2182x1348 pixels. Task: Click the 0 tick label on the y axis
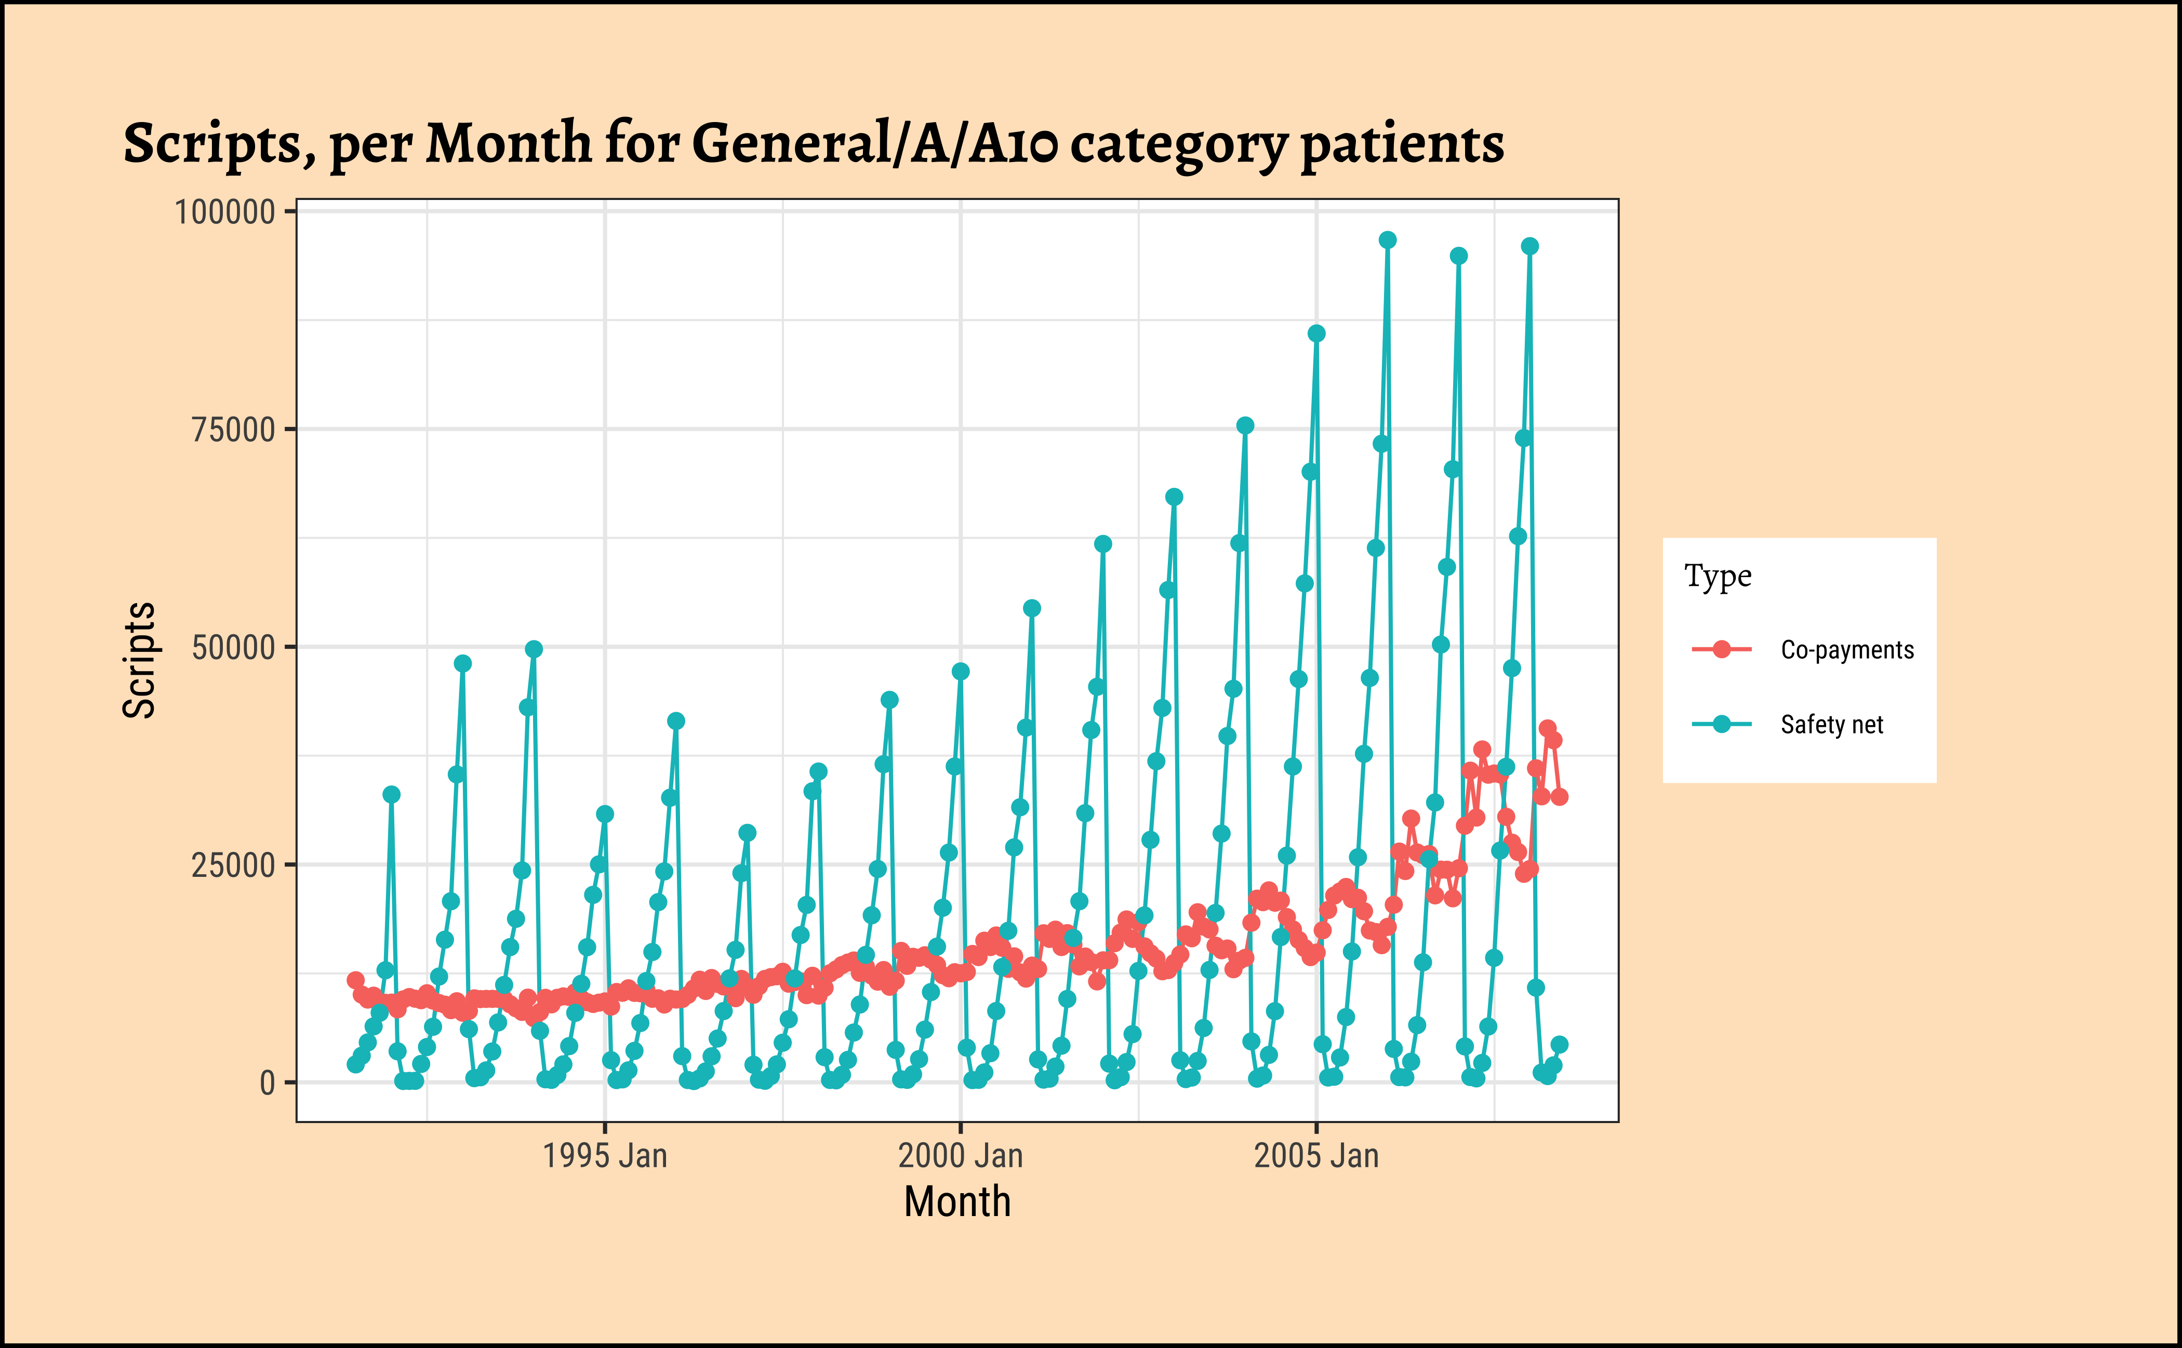click(267, 1083)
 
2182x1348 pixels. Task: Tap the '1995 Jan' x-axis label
click(605, 1156)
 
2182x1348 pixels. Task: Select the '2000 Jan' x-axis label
click(961, 1156)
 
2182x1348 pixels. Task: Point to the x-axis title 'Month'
click(957, 1202)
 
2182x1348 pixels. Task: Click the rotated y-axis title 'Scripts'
click(139, 660)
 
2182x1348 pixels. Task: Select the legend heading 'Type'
click(1718, 577)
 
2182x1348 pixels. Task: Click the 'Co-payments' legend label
click(1847, 650)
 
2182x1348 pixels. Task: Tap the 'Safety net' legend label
click(1831, 725)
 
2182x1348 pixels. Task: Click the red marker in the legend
click(1721, 649)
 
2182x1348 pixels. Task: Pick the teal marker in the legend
click(1721, 724)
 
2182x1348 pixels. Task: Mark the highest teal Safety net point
click(1388, 240)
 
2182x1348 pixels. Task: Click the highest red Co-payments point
click(1547, 728)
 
